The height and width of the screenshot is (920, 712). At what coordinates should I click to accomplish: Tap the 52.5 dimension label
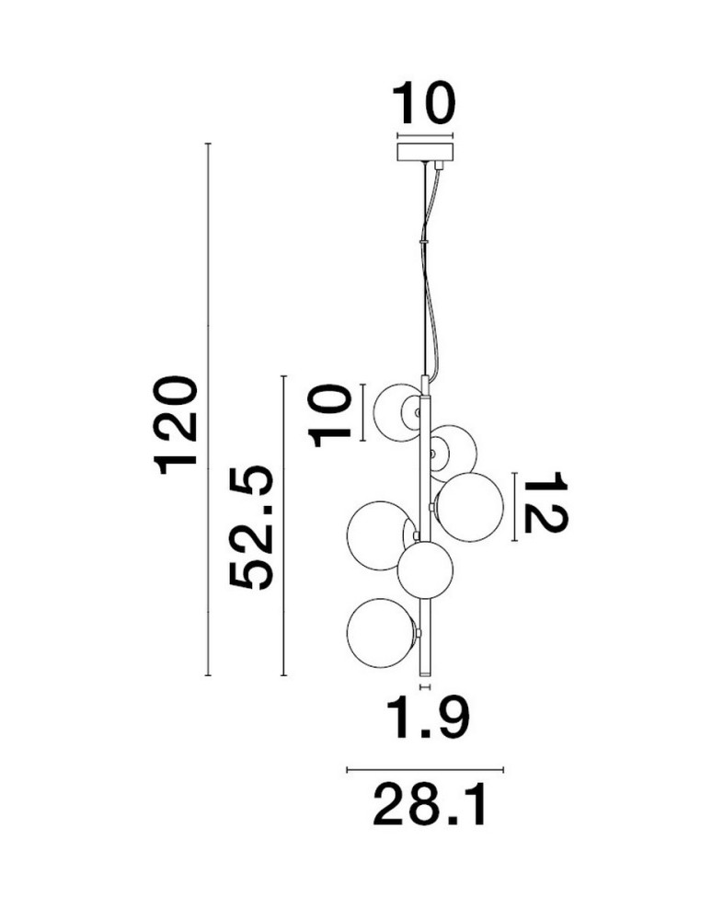pos(251,527)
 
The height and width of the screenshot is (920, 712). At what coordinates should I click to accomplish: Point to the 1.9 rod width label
pos(431,719)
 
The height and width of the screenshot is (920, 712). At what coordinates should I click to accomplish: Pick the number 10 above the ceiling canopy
pos(423,103)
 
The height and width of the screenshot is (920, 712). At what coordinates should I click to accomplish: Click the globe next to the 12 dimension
pos(468,507)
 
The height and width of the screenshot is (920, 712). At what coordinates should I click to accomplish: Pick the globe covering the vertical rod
pos(425,571)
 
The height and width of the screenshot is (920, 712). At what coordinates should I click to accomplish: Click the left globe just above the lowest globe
pos(381,535)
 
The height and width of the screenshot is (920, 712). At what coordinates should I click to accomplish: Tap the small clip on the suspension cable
pos(423,240)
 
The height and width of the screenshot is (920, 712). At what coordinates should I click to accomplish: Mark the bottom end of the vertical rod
pos(425,675)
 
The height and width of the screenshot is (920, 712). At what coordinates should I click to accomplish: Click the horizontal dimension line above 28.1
pos(425,769)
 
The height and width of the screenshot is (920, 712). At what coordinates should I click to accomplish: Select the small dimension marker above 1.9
pos(425,686)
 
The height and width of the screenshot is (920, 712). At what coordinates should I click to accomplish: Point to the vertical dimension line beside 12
pos(514,507)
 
